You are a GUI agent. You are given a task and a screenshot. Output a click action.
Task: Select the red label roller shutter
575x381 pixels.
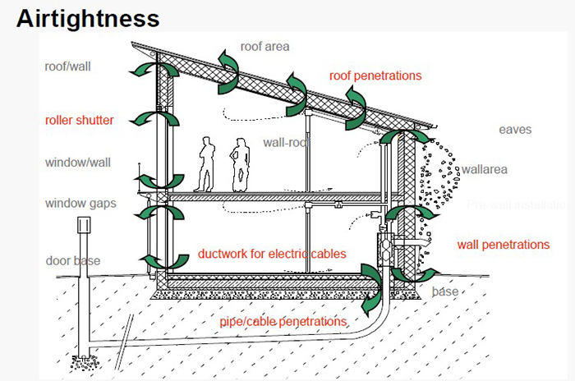pyautogui.click(x=79, y=121)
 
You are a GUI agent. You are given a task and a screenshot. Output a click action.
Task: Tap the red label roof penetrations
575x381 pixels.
pyautogui.click(x=375, y=76)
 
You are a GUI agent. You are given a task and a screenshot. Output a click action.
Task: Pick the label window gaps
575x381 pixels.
pyautogui.click(x=80, y=203)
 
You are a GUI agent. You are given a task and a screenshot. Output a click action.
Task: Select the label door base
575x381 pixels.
pyautogui.click(x=73, y=261)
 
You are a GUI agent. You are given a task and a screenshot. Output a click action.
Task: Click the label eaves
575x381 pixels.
pyautogui.click(x=515, y=130)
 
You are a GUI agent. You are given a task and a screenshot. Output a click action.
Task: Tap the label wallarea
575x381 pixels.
pyautogui.click(x=484, y=170)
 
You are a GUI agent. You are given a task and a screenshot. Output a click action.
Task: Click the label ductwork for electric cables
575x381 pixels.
pyautogui.click(x=272, y=254)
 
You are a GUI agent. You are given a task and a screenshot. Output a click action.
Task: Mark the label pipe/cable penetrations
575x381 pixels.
pyautogui.click(x=283, y=321)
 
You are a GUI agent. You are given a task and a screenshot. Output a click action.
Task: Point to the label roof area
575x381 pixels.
pyautogui.click(x=264, y=47)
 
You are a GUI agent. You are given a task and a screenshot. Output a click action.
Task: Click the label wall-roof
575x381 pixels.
pyautogui.click(x=285, y=142)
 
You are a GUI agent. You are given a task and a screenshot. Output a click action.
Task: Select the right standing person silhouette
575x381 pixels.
pyautogui.click(x=240, y=163)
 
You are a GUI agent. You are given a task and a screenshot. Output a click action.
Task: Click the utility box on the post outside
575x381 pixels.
pyautogui.click(x=83, y=227)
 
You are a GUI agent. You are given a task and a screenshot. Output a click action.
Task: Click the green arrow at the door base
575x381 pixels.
pyautogui.click(x=160, y=261)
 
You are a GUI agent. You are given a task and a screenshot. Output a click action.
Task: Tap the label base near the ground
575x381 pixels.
pyautogui.click(x=445, y=291)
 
